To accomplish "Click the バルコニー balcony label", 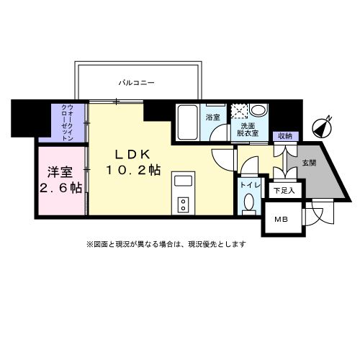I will [x=137, y=84].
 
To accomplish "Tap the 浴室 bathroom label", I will [x=212, y=117].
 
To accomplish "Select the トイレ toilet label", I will [x=249, y=184].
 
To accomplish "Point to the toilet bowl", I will [x=248, y=204].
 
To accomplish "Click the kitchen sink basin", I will [x=183, y=180].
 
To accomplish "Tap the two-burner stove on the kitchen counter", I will [x=183, y=204].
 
